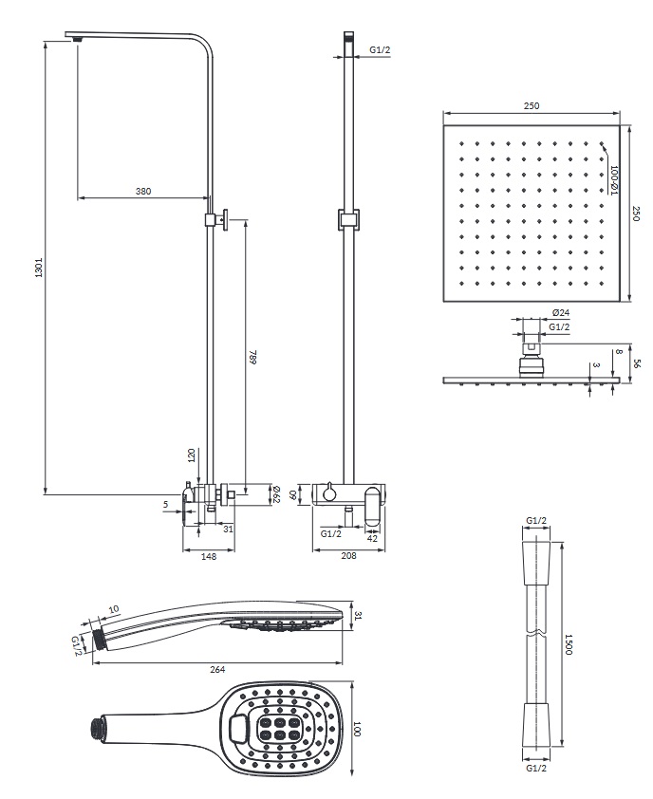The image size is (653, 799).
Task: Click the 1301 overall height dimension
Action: (39, 268)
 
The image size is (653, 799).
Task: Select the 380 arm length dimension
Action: (143, 191)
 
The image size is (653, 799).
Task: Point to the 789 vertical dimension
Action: (252, 357)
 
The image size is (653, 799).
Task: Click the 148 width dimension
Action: (209, 556)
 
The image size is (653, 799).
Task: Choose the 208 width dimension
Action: (348, 555)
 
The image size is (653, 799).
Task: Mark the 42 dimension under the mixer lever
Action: (373, 538)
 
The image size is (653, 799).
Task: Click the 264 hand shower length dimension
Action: (217, 669)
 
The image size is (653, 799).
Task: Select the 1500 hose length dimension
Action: (569, 644)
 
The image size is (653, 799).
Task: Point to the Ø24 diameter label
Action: (561, 312)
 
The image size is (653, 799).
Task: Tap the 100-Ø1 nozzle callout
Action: (614, 180)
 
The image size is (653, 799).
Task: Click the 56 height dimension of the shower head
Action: (636, 363)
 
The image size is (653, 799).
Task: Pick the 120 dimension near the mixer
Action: (192, 455)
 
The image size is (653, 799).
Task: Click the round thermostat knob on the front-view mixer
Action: (329, 493)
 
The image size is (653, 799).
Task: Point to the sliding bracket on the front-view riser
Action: (348, 219)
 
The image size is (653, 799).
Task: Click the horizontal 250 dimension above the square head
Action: (532, 106)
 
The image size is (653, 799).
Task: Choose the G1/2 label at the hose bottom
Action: (536, 768)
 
